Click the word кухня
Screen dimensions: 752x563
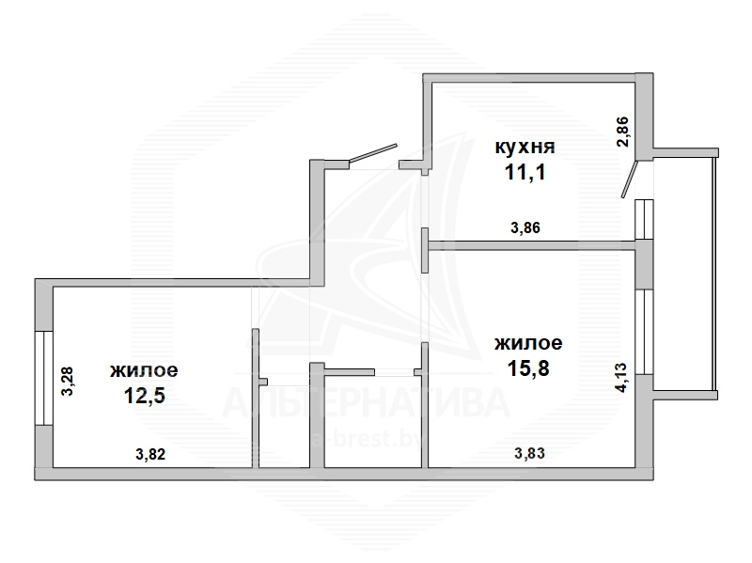pyautogui.click(x=525, y=147)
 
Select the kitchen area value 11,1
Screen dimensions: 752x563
pyautogui.click(x=525, y=172)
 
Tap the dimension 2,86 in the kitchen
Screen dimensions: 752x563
pyautogui.click(x=622, y=132)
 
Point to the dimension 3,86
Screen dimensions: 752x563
pyautogui.click(x=525, y=227)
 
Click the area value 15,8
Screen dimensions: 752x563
pyautogui.click(x=528, y=368)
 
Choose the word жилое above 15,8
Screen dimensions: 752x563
pyautogui.click(x=528, y=343)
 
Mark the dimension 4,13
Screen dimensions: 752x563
pyautogui.click(x=620, y=378)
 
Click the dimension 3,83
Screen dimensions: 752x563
pyautogui.click(x=529, y=453)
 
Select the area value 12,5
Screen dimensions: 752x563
pyautogui.click(x=145, y=396)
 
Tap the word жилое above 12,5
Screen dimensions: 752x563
pyautogui.click(x=144, y=370)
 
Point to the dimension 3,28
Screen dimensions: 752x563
pyautogui.click(x=67, y=381)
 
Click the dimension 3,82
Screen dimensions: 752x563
pyautogui.click(x=150, y=454)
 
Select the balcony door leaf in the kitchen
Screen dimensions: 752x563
pyautogui.click(x=629, y=180)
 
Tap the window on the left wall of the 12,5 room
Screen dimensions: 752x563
pyautogui.click(x=43, y=378)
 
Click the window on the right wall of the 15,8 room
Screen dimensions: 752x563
pyautogui.click(x=644, y=332)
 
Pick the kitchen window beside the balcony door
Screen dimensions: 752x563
pyautogui.click(x=644, y=219)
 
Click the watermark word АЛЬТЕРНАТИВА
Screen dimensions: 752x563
pyautogui.click(x=366, y=402)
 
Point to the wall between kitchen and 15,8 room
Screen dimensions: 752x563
pyautogui.click(x=532, y=245)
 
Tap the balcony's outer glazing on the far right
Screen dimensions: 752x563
pyautogui.click(x=714, y=274)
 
